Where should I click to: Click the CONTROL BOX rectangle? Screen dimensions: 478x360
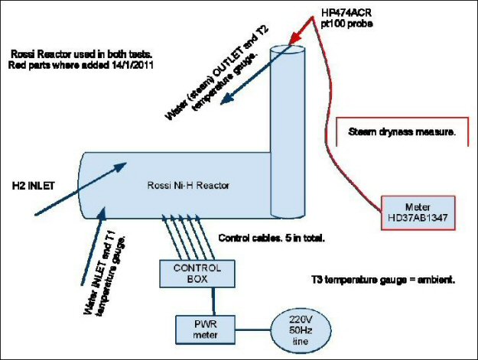(197, 274)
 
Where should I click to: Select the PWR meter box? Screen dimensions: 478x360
(205, 329)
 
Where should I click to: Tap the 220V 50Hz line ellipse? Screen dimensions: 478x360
(301, 330)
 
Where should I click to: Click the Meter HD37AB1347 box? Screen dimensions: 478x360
(418, 212)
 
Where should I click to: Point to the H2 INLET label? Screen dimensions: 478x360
(33, 186)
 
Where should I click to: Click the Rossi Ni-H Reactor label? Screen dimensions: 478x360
(188, 185)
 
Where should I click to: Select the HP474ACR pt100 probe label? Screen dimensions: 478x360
(346, 18)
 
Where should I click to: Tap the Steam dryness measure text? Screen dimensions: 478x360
(402, 132)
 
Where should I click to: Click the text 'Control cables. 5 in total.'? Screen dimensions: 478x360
(272, 238)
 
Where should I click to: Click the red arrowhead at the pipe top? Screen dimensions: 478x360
(294, 39)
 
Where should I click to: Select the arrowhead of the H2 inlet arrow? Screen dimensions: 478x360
(120, 167)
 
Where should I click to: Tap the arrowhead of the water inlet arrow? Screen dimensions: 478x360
(102, 213)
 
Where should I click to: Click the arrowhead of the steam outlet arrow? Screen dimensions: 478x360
(226, 99)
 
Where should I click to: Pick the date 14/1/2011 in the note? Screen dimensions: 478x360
(132, 65)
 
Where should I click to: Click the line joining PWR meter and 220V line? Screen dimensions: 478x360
(252, 330)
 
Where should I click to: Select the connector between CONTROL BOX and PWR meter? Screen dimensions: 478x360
(213, 301)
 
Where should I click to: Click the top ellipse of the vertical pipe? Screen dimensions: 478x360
(288, 50)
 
